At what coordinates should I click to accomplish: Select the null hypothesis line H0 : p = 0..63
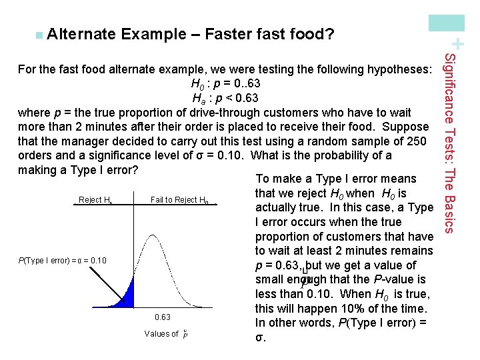(x=225, y=84)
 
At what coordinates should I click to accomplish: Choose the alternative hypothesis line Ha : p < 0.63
(x=224, y=99)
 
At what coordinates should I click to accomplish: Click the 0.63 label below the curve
(x=162, y=317)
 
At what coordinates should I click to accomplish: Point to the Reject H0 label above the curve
(x=93, y=200)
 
